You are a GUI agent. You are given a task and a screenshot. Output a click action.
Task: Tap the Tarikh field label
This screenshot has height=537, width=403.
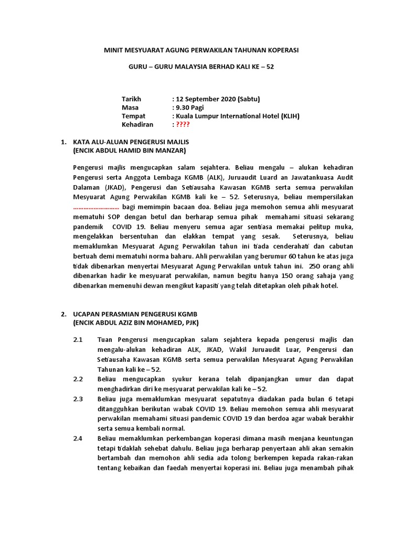pos(132,99)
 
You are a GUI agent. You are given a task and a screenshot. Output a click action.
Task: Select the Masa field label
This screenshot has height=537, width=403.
pos(130,107)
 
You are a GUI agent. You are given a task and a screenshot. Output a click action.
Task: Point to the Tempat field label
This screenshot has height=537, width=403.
pos(133,116)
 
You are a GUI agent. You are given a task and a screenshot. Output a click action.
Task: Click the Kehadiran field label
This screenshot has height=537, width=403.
pos(137,124)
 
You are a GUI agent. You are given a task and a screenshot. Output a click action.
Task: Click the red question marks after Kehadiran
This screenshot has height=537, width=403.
pos(183,124)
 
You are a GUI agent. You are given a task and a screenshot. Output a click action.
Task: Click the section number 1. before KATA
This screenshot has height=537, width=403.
pos(63,142)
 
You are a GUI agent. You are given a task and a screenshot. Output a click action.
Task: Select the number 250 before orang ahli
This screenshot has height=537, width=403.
pos(316,266)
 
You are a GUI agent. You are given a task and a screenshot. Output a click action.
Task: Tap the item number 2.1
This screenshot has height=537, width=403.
pos(78,340)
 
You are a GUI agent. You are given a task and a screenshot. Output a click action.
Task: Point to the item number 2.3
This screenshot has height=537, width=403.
pos(78,399)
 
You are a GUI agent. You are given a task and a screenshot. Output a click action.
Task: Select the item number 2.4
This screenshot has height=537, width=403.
pos(78,438)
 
